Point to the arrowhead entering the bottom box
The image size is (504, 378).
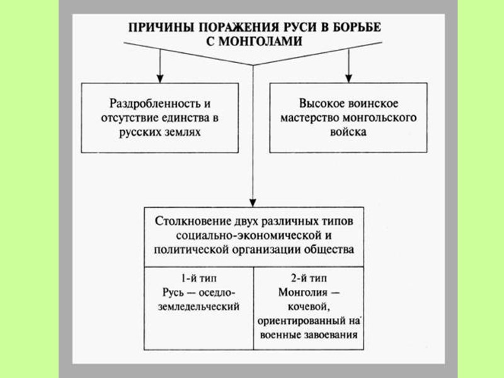(253, 200)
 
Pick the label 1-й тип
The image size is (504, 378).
(198, 278)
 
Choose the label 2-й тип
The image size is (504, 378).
(307, 278)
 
